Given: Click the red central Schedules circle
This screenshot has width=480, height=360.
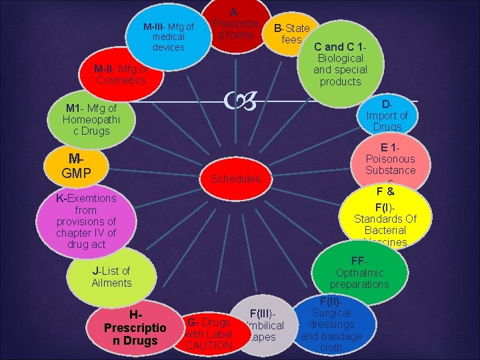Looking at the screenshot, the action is (235, 178).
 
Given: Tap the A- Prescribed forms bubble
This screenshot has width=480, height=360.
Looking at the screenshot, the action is (237, 24).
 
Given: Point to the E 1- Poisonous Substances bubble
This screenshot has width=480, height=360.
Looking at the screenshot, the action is (390, 162).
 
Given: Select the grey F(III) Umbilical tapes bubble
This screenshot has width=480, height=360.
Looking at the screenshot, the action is (265, 326).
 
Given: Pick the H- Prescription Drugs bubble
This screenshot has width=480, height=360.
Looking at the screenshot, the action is (131, 328).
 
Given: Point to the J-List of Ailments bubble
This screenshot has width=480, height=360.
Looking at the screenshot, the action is (112, 277).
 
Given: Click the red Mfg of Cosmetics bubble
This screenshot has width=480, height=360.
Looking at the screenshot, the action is (121, 75).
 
